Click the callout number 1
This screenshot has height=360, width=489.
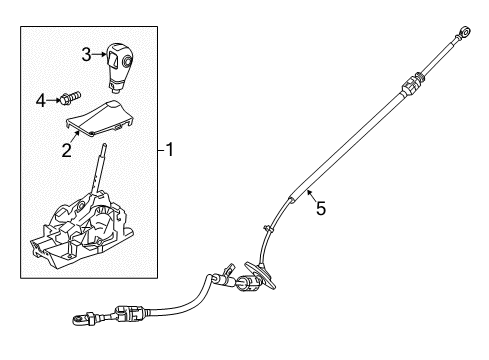(170, 151)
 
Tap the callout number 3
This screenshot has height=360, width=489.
(87, 53)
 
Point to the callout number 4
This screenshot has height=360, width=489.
(41, 99)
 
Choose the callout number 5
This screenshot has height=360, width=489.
(321, 209)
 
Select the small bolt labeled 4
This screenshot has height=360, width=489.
(68, 98)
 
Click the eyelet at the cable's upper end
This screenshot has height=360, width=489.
(466, 34)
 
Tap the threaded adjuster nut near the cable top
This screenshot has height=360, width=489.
(409, 86)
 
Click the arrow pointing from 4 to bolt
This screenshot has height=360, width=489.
(54, 99)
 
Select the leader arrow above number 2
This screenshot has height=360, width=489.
(73, 137)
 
